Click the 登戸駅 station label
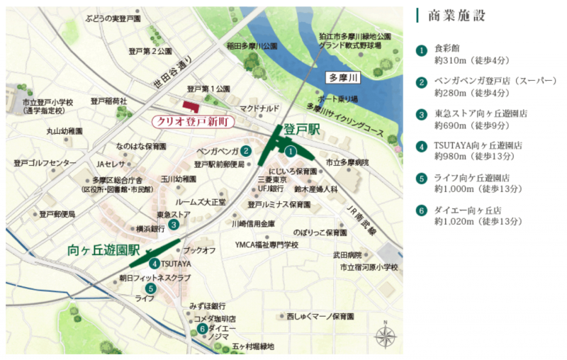click(x=303, y=130)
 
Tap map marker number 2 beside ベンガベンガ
click(x=245, y=150)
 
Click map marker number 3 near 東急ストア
click(x=174, y=225)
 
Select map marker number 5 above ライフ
click(x=150, y=288)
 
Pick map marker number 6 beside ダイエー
click(x=202, y=328)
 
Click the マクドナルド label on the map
click(x=259, y=108)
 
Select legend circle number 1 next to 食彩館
click(x=422, y=50)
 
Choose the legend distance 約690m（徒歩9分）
click(x=471, y=125)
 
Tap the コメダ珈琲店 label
click(x=215, y=319)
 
